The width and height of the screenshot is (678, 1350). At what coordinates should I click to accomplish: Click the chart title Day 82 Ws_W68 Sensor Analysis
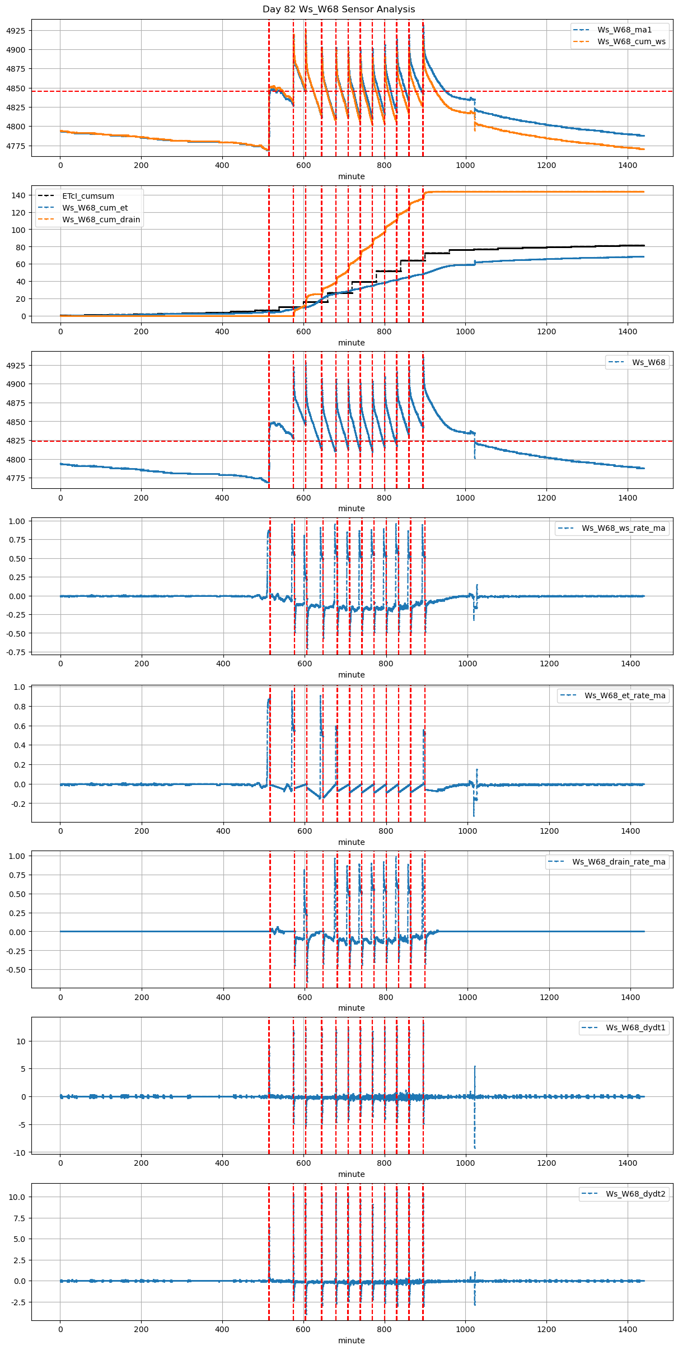click(x=339, y=10)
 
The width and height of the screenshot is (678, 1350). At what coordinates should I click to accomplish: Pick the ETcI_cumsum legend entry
click(x=88, y=196)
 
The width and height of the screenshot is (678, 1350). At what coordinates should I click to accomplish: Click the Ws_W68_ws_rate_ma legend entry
click(x=623, y=528)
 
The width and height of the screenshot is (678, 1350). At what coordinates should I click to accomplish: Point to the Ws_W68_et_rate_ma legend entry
click(x=625, y=695)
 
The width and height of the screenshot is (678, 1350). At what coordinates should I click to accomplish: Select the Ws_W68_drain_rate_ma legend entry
click(x=619, y=862)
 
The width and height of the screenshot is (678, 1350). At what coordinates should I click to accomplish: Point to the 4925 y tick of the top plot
click(x=16, y=31)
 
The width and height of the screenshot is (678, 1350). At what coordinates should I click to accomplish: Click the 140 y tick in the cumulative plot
click(x=18, y=195)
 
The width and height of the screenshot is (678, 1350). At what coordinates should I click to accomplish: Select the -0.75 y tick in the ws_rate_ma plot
click(x=15, y=652)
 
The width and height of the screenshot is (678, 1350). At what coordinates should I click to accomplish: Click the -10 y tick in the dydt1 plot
click(x=18, y=1152)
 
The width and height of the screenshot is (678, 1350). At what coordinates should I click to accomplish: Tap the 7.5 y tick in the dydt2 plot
click(x=18, y=1218)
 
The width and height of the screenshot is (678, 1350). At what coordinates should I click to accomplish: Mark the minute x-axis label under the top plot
click(x=351, y=176)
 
